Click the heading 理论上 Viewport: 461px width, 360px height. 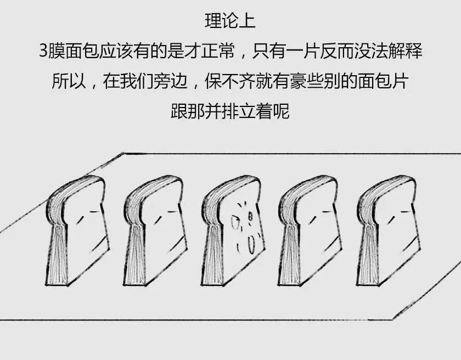click(x=230, y=20)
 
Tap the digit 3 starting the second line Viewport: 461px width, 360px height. click(x=43, y=51)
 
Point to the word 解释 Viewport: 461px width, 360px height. click(x=406, y=51)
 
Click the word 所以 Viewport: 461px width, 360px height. click(x=69, y=81)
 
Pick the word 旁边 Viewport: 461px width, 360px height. click(x=171, y=81)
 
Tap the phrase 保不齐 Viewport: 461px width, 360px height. click(x=230, y=81)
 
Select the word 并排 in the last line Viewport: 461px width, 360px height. click(x=221, y=111)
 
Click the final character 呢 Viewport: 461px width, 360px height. click(x=282, y=111)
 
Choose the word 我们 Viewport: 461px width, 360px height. click(x=137, y=81)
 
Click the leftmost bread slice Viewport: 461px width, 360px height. click(x=77, y=231)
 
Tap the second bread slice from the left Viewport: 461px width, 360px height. click(x=155, y=231)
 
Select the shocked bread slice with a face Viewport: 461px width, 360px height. click(x=233, y=231)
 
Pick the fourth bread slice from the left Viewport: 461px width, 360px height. click(x=310, y=231)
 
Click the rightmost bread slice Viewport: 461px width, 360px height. click(x=388, y=231)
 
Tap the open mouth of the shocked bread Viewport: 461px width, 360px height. click(x=251, y=245)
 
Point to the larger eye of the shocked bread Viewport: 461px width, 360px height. click(x=235, y=223)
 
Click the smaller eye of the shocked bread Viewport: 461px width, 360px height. click(x=250, y=217)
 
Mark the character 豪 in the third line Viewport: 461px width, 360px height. click(x=298, y=81)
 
